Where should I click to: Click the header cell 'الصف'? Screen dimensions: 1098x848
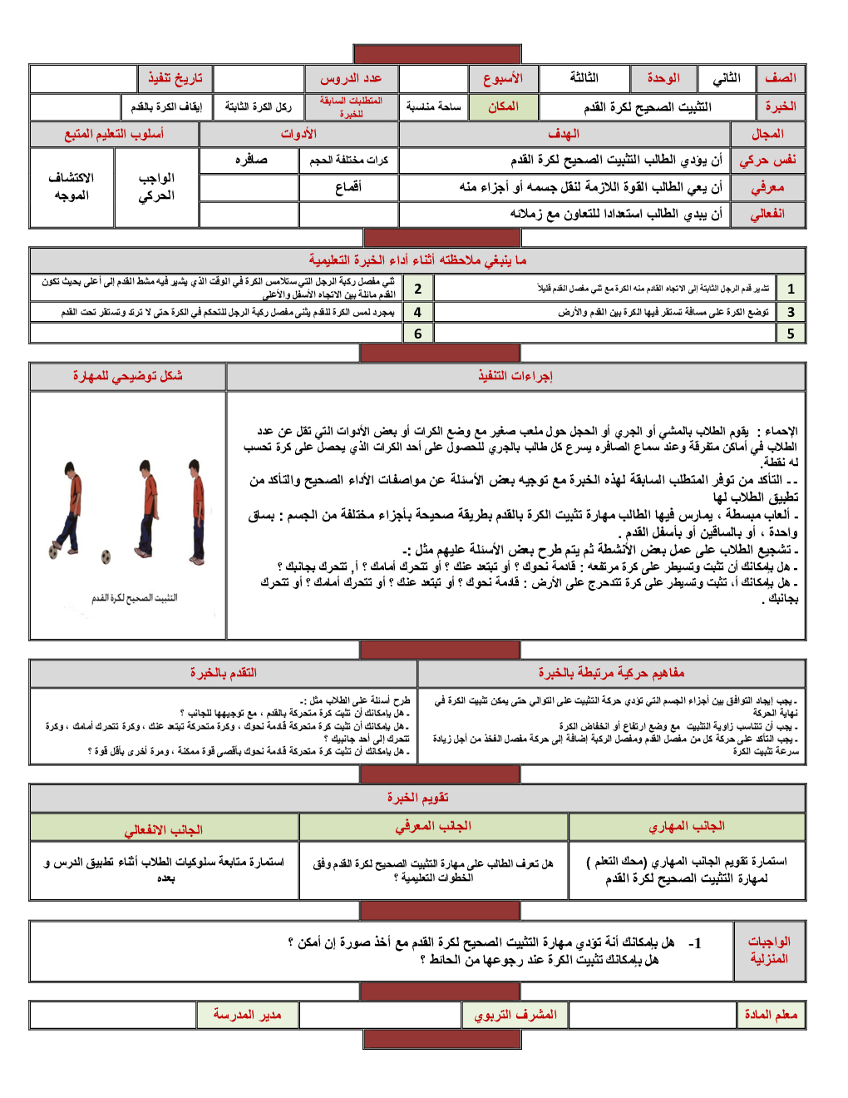781,78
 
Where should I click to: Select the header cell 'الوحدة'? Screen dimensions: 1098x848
663,78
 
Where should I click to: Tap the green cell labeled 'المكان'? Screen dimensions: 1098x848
503,106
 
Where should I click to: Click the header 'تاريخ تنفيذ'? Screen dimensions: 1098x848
175,78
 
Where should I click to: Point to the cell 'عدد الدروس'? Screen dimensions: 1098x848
351,78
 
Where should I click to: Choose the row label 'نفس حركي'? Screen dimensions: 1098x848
767,160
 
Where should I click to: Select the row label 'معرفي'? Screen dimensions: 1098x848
767,187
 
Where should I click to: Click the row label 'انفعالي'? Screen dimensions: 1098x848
767,214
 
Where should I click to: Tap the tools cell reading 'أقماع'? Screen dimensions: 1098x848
348,187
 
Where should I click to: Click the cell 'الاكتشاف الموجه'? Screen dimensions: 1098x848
71,186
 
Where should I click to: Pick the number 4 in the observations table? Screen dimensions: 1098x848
417,312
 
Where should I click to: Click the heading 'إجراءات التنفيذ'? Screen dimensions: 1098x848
515,376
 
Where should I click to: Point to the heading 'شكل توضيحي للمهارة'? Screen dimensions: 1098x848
127,376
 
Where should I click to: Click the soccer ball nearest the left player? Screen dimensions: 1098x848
54,551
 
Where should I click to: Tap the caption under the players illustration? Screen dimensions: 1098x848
134,597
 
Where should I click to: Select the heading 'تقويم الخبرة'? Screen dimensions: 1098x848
417,798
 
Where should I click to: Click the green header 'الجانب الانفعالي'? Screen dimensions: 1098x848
164,829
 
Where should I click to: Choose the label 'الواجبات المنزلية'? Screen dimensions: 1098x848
769,950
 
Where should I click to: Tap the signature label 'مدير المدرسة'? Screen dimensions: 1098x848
247,1015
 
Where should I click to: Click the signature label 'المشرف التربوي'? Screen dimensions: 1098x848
515,1015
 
